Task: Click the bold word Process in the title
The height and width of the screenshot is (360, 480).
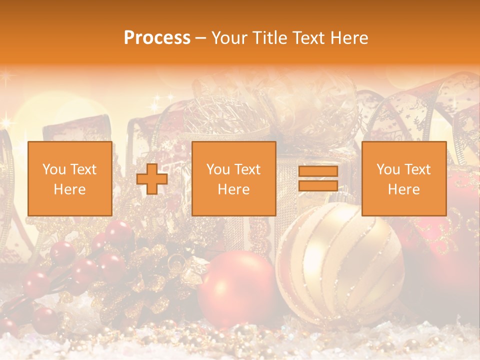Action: pos(157,38)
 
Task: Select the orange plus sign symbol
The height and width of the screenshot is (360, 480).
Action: pos(152,179)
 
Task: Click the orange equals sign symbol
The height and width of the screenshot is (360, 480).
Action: pos(318,178)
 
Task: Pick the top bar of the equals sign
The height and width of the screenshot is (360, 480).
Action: pos(318,172)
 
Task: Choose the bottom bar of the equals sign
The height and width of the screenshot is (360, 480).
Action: pos(318,185)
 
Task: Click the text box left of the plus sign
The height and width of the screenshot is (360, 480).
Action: pos(69,178)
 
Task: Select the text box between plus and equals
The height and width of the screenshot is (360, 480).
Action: pos(233,178)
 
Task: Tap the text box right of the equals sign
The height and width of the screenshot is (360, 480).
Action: pos(403,178)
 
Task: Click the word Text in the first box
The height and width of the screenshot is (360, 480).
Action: pos(83,169)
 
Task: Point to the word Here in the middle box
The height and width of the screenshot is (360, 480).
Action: pos(233,189)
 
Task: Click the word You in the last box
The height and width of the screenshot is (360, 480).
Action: pos(388,169)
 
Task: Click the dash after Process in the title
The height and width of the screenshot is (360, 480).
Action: pos(201,38)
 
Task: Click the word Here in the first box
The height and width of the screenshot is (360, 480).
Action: pos(69,189)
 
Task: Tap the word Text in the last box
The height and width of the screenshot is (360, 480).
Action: pos(417,169)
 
